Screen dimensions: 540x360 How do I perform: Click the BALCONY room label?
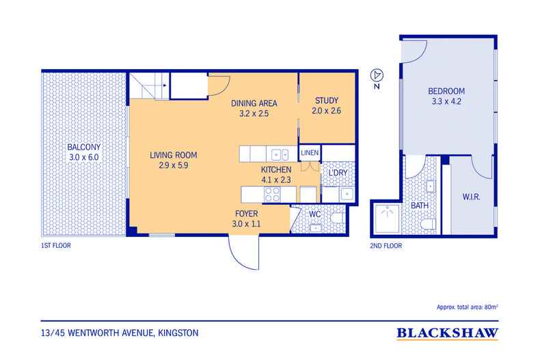coord(83,147)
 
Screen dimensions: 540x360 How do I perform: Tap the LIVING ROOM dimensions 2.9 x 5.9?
coord(173,165)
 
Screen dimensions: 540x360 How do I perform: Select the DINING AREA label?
coord(254,103)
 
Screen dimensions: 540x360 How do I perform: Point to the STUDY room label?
coord(327,100)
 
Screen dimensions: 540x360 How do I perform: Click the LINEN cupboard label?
coord(310,153)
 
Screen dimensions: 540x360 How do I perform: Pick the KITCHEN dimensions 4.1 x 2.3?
coord(276,180)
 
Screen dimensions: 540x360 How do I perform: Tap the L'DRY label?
coord(338,173)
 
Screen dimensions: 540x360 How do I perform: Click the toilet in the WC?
coord(338,219)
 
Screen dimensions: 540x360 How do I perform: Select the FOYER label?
coord(247,214)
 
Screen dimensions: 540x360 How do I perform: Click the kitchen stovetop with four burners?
coord(272,195)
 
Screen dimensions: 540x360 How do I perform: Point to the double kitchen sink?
coord(280,155)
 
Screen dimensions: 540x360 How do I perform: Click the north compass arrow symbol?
coord(377,75)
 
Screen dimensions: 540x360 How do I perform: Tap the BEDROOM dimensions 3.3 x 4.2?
coord(446,102)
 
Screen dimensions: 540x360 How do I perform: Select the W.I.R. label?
coord(471,197)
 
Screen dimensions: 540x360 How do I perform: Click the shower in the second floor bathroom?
coord(387,218)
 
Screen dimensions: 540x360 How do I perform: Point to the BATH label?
coord(420,206)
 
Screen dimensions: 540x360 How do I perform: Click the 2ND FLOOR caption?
coord(386,246)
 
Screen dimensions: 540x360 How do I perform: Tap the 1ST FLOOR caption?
coord(56,246)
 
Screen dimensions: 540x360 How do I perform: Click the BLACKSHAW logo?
coord(447,333)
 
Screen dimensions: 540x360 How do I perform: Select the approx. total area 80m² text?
coord(468,307)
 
